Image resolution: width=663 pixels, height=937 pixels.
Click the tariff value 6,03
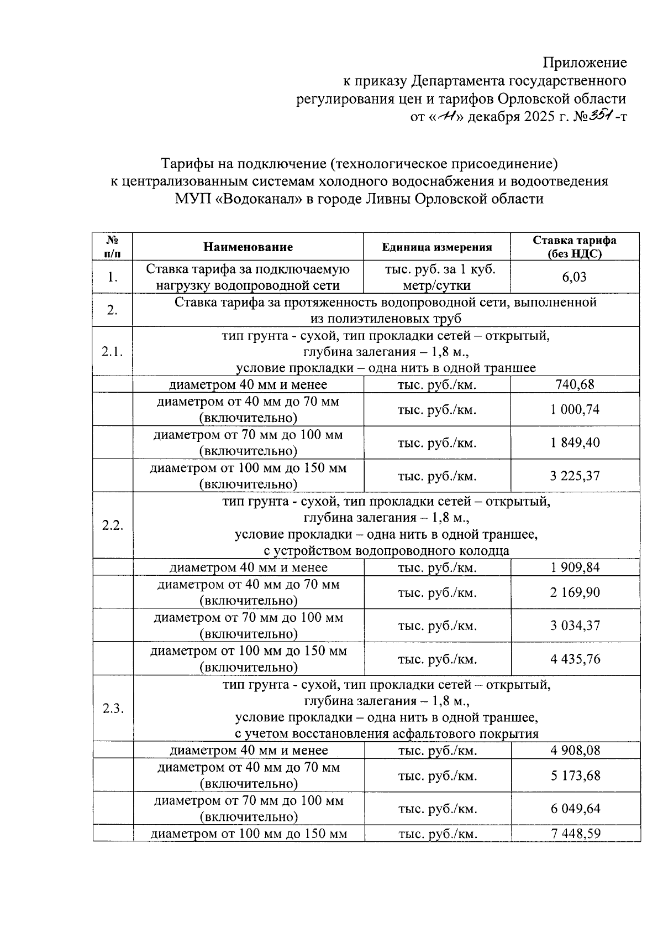pos(574,277)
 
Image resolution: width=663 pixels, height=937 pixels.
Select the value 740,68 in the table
pos(575,384)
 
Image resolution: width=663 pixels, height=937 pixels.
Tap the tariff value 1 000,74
pos(575,409)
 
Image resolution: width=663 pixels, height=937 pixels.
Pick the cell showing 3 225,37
pos(575,476)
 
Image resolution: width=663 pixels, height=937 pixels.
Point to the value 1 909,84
pos(575,568)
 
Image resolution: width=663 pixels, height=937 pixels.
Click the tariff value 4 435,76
pos(575,659)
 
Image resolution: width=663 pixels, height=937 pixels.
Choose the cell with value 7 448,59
pos(575,834)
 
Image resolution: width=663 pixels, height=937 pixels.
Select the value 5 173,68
pos(575,775)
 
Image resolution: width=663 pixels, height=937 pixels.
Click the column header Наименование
pos(248,247)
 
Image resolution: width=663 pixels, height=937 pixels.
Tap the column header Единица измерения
pos(437,247)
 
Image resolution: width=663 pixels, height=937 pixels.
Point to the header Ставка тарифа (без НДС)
pos(575,247)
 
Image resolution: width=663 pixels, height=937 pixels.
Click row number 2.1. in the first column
pos(113,352)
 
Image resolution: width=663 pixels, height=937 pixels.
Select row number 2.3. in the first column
pos(113,709)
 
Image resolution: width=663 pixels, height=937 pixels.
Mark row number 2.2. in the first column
pos(113,525)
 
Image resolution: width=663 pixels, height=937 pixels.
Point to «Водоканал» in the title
pos(257,199)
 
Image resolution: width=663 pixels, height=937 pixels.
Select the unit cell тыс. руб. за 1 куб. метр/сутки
pos(437,277)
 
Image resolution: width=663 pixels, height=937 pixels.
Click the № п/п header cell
pos(113,247)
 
